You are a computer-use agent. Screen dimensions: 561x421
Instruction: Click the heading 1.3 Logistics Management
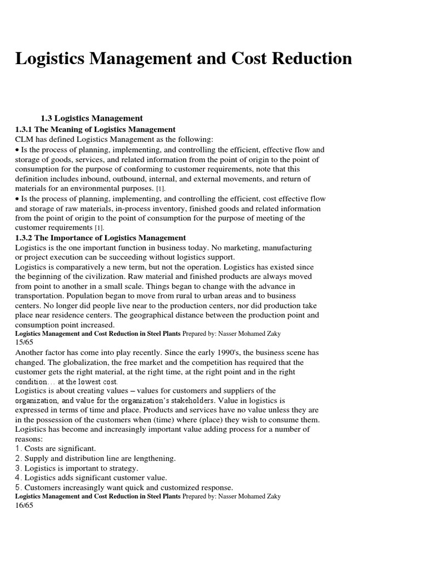[92, 118]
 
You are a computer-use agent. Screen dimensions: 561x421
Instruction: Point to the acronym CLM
[25, 140]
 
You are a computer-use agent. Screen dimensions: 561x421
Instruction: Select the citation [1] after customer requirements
[98, 227]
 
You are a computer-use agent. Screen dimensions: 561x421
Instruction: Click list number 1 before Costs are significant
[18, 448]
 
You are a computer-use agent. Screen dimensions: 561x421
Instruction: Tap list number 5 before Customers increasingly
[18, 488]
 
